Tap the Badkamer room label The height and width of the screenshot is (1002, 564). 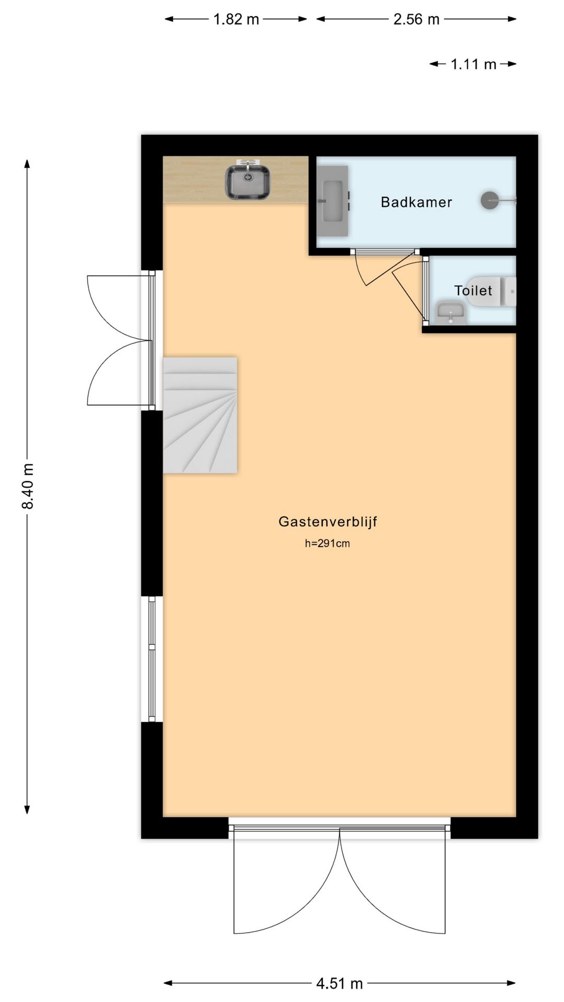click(416, 202)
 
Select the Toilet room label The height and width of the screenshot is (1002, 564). click(473, 291)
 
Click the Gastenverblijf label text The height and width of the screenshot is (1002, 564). click(327, 521)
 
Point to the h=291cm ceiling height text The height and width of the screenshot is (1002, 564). click(327, 543)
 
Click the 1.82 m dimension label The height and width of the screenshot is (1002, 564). click(236, 19)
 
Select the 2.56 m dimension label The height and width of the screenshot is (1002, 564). click(416, 19)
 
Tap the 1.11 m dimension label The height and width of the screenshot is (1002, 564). click(473, 64)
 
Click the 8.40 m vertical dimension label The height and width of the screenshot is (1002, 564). click(28, 485)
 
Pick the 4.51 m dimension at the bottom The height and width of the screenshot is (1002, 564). click(339, 984)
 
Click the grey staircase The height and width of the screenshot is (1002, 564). click(201, 415)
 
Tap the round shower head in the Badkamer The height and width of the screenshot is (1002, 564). click(489, 200)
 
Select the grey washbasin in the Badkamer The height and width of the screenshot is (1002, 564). click(332, 201)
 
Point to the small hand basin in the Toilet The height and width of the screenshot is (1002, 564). click(450, 313)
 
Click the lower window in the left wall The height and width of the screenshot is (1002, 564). click(152, 660)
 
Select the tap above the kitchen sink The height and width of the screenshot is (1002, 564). click(248, 163)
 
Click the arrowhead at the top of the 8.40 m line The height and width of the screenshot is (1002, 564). click(28, 163)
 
